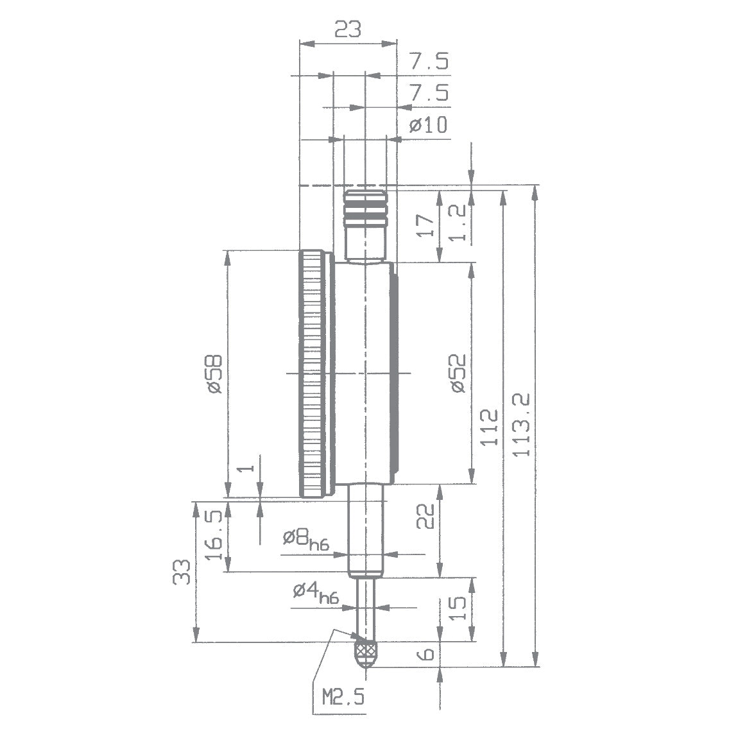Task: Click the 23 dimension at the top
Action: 347,29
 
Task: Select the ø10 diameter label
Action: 428,125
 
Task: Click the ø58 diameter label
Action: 214,373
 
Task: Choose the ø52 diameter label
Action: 457,373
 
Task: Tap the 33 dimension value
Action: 182,571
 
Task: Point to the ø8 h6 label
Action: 306,538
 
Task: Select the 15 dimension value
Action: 457,608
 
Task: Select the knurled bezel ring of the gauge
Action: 313,373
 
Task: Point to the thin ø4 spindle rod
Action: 366,606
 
